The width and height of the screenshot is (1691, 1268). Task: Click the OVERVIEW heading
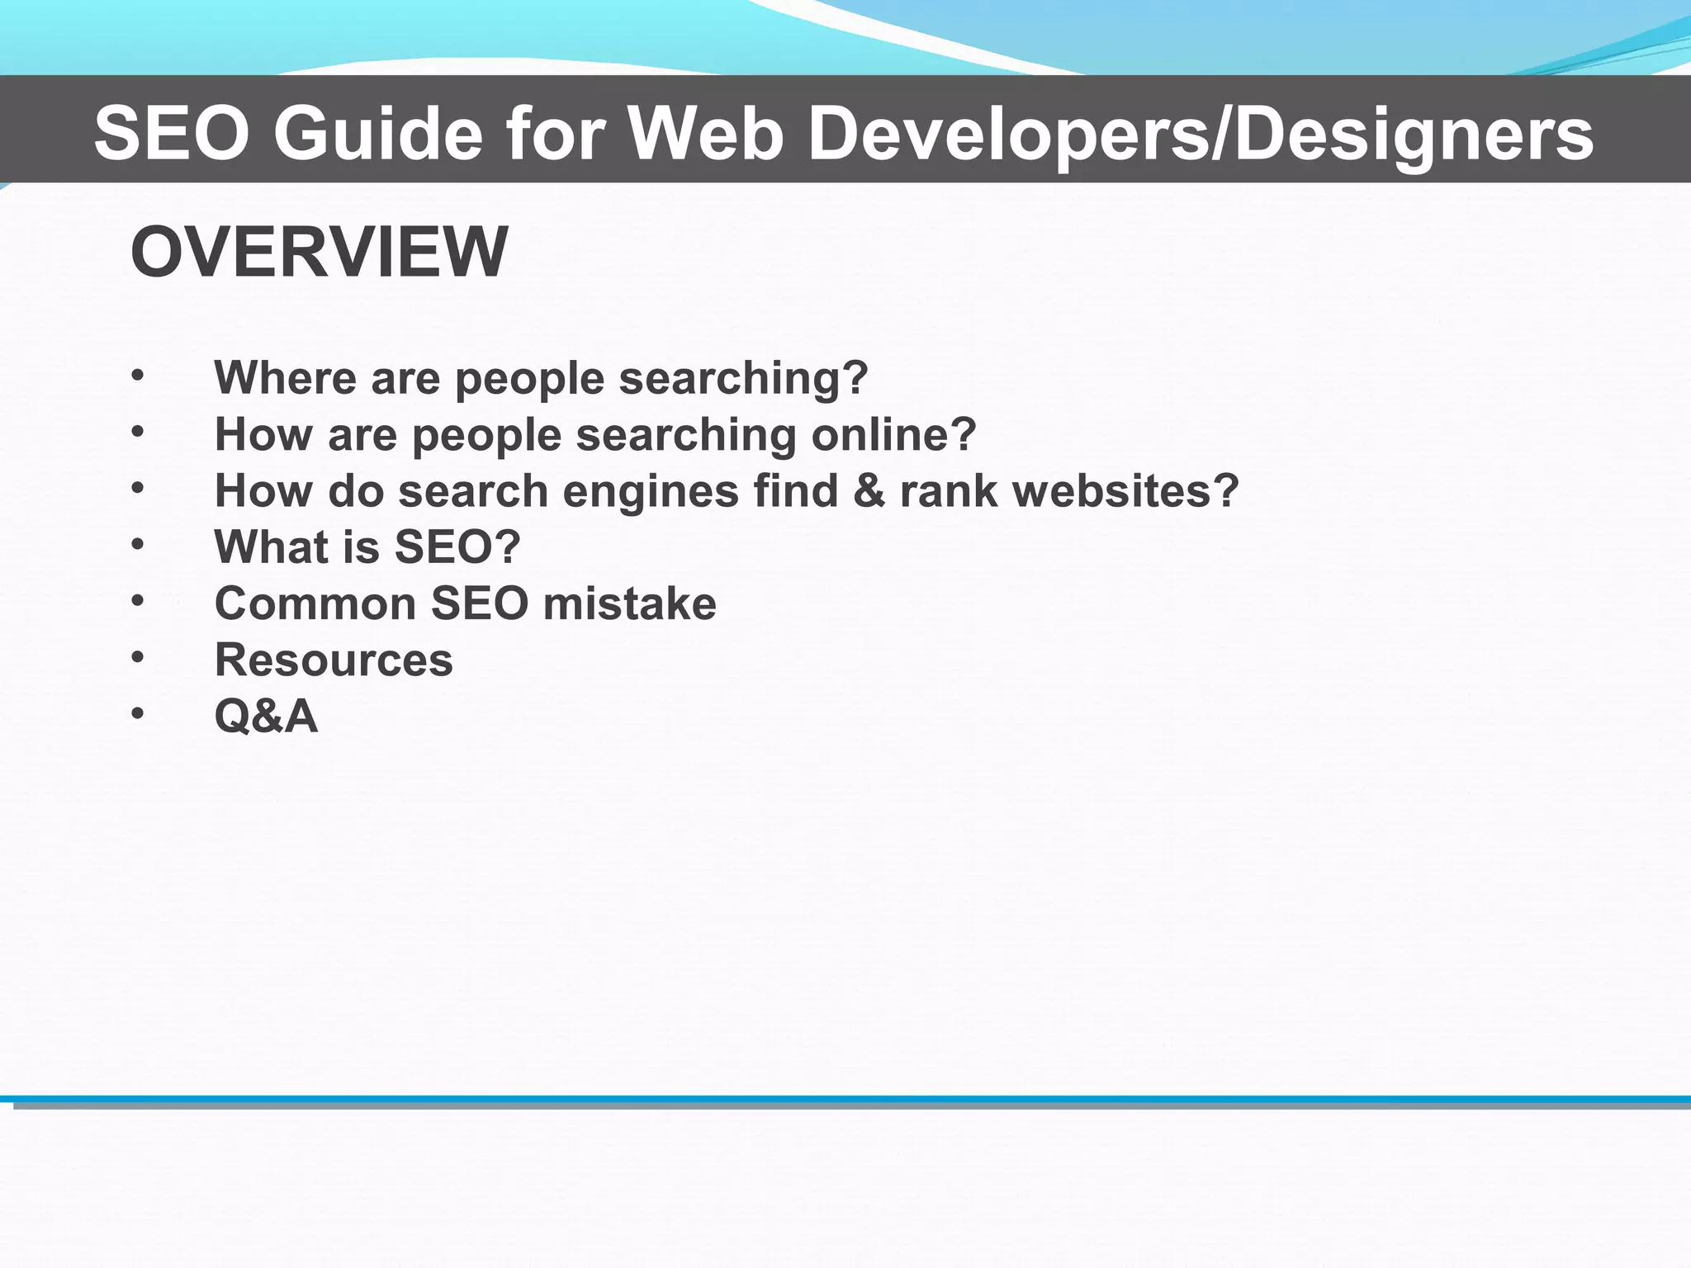[x=319, y=252]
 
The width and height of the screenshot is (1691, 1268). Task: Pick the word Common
[x=315, y=603]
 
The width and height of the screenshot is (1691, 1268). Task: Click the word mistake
[x=630, y=603]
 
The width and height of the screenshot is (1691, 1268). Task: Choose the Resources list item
[x=334, y=660]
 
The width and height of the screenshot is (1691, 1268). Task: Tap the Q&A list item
[x=266, y=716]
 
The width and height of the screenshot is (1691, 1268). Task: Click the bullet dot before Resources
[x=138, y=658]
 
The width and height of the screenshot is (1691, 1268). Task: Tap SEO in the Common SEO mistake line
[x=479, y=603]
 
